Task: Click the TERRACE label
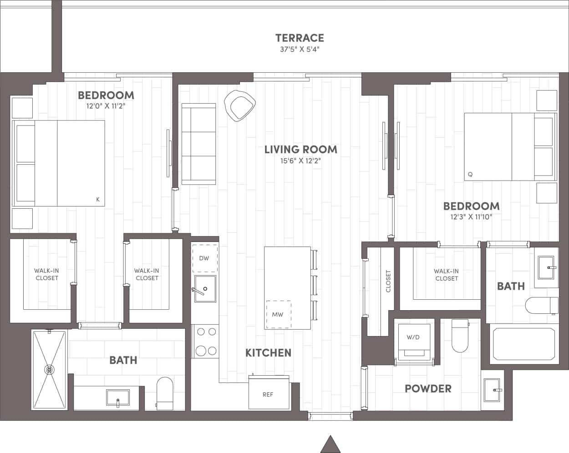[300, 38]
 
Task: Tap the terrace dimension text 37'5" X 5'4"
[300, 50]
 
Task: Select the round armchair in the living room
[240, 106]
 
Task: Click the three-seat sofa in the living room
[198, 144]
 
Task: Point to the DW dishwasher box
[204, 258]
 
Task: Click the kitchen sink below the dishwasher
[205, 288]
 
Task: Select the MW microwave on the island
[278, 314]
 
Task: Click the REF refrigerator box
[268, 394]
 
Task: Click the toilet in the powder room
[460, 337]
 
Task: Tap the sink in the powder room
[493, 390]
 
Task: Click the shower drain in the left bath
[49, 370]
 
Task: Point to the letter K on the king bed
[98, 199]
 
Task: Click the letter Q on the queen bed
[470, 174]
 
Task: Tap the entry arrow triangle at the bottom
[330, 444]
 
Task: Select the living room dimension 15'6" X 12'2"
[300, 160]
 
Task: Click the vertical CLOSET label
[388, 281]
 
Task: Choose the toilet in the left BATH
[164, 393]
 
